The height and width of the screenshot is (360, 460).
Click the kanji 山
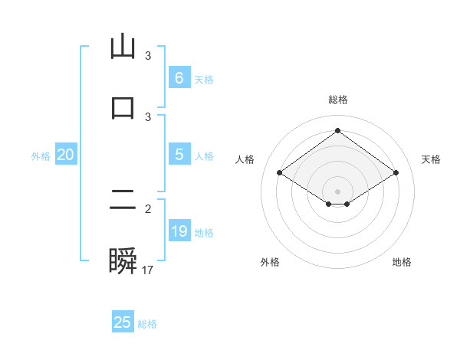123,48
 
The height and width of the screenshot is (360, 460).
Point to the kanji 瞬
123,261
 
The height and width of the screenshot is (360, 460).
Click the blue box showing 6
179,77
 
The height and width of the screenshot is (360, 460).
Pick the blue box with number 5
179,154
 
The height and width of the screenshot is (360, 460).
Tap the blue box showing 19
179,231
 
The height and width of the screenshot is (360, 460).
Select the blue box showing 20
65,155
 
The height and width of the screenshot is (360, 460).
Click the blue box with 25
123,322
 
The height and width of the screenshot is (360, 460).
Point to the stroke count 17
148,270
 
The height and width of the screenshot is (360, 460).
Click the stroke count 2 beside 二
148,208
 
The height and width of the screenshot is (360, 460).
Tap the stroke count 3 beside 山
148,56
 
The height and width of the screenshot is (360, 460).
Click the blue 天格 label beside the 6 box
204,79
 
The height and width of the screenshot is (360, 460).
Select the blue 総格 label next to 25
147,324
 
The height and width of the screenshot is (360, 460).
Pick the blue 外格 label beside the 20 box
41,156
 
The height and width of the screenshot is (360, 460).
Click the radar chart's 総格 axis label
338,100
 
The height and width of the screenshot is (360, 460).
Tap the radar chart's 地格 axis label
402,262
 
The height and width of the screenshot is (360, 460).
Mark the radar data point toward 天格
396,173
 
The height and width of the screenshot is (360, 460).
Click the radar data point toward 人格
280,173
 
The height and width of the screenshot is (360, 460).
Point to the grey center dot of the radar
338,191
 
